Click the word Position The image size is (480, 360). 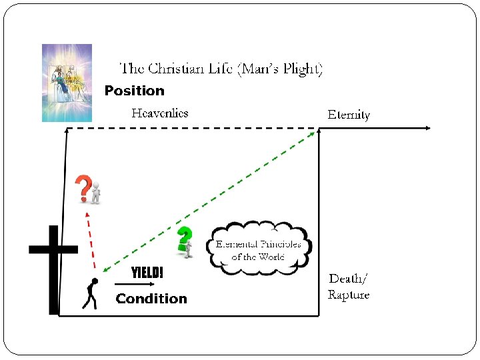134,91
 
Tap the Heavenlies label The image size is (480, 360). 159,113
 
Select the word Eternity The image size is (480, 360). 349,115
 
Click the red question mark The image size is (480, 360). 83,189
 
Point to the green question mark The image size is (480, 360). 184,238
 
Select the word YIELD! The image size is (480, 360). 147,273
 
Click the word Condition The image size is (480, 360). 151,299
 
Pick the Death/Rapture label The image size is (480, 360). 348,286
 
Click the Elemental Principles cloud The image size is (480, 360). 259,249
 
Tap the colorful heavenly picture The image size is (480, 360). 67,83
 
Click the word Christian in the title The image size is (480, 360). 179,69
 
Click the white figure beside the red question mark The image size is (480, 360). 97,191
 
